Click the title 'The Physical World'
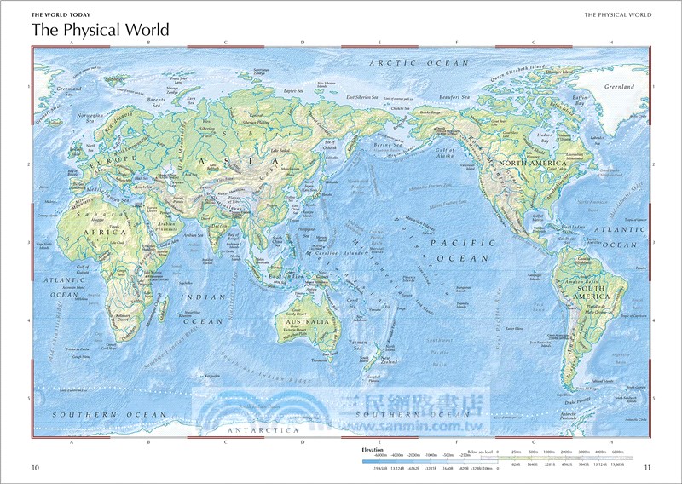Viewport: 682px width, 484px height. (100, 30)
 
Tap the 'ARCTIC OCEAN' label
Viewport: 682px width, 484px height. (419, 63)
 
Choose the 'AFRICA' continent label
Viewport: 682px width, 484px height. (104, 232)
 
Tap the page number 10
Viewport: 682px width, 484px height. (35, 467)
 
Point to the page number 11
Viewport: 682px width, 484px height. (648, 467)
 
